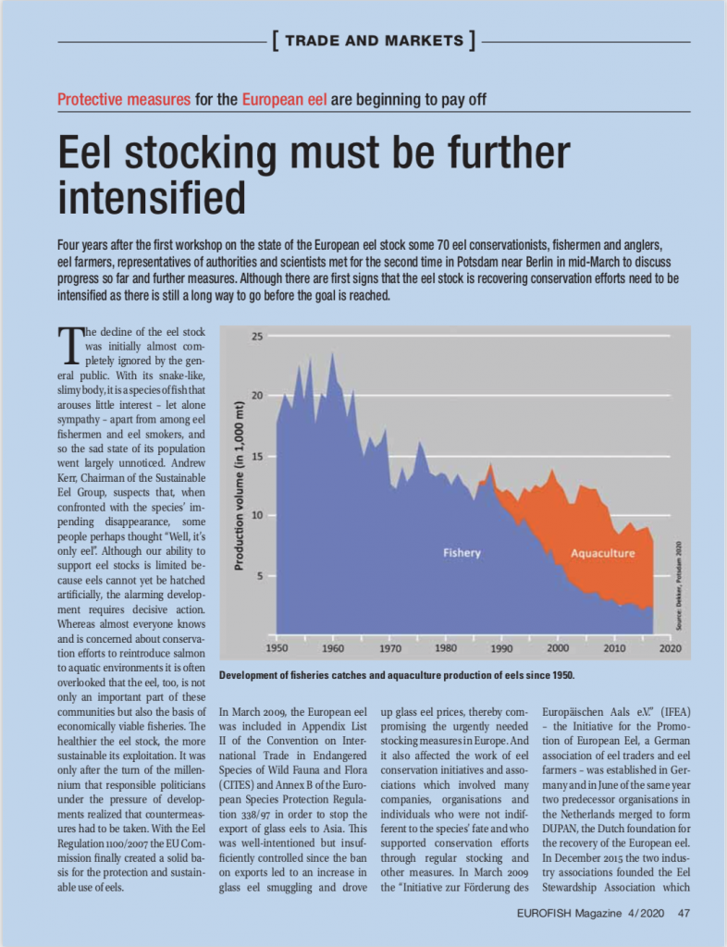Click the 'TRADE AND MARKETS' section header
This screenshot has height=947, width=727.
(374, 41)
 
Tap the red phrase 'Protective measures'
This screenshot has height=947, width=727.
(124, 99)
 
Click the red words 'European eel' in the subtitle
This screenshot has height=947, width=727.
(284, 99)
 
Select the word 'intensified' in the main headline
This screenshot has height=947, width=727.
(152, 197)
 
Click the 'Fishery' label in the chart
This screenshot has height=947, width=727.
(462, 553)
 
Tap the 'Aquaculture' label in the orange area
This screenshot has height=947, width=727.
(603, 553)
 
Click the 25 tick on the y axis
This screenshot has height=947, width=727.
(258, 337)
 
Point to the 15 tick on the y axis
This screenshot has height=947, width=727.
(258, 456)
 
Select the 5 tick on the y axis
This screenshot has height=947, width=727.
(260, 575)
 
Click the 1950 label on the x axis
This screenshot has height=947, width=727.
(277, 648)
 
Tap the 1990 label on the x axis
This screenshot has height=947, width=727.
(501, 648)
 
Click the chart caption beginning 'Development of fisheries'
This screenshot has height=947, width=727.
(397, 675)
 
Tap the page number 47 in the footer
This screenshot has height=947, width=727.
(684, 913)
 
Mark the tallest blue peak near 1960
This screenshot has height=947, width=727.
(333, 352)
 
